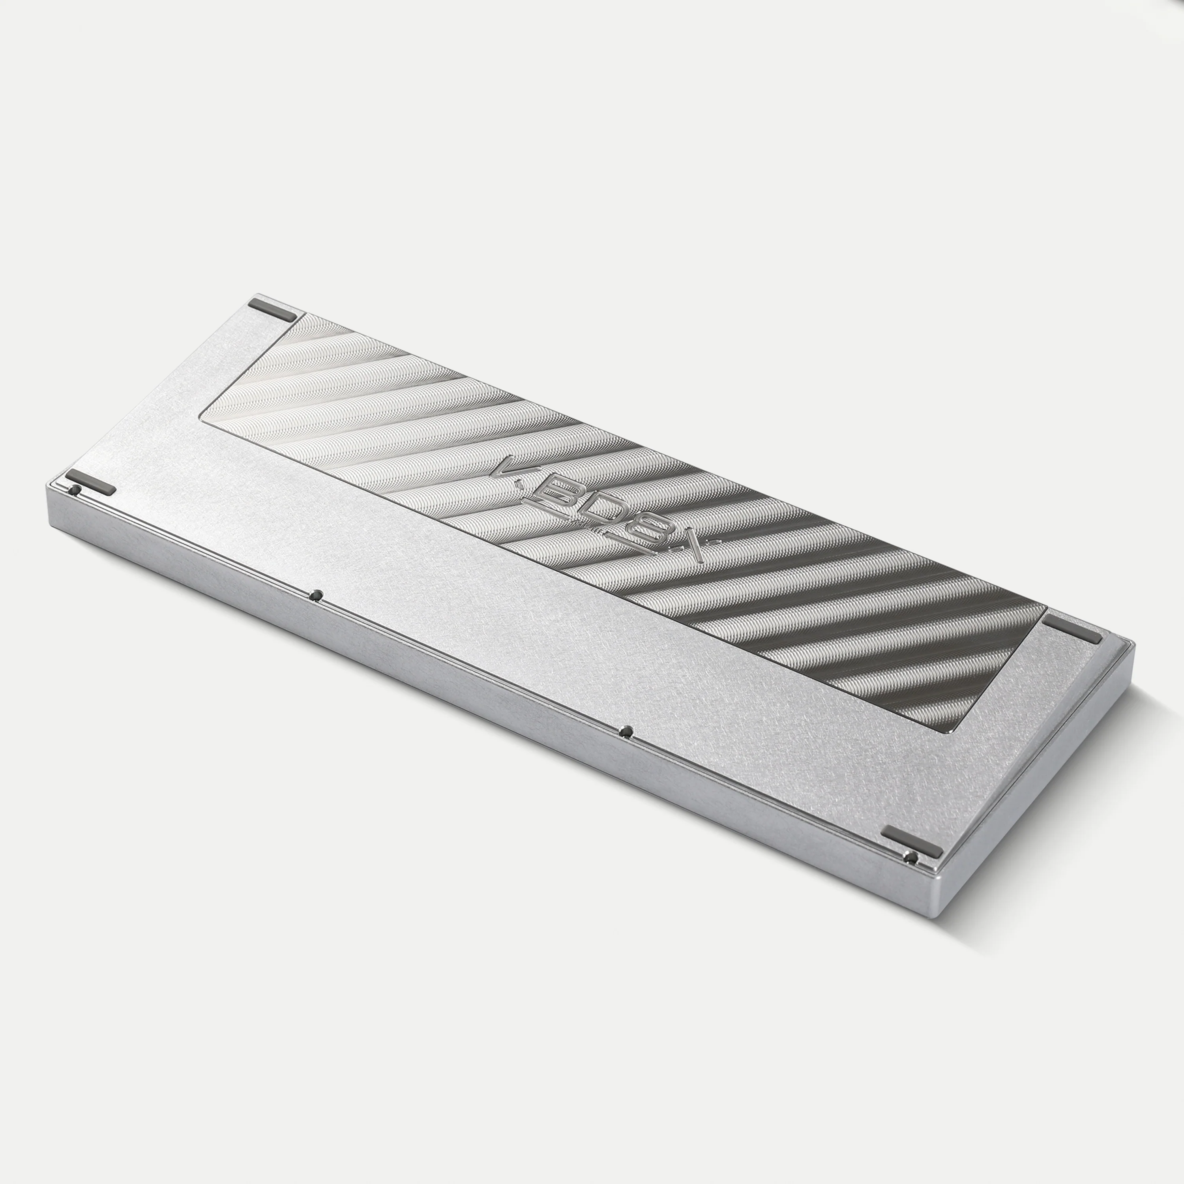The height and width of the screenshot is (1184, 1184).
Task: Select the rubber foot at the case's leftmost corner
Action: pyautogui.click(x=91, y=481)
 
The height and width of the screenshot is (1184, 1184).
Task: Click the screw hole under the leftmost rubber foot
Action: pyautogui.click(x=76, y=490)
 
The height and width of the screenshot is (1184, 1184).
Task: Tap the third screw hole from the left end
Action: pyautogui.click(x=626, y=731)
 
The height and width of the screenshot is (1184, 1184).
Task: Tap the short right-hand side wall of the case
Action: pyautogui.click(x=1036, y=778)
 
